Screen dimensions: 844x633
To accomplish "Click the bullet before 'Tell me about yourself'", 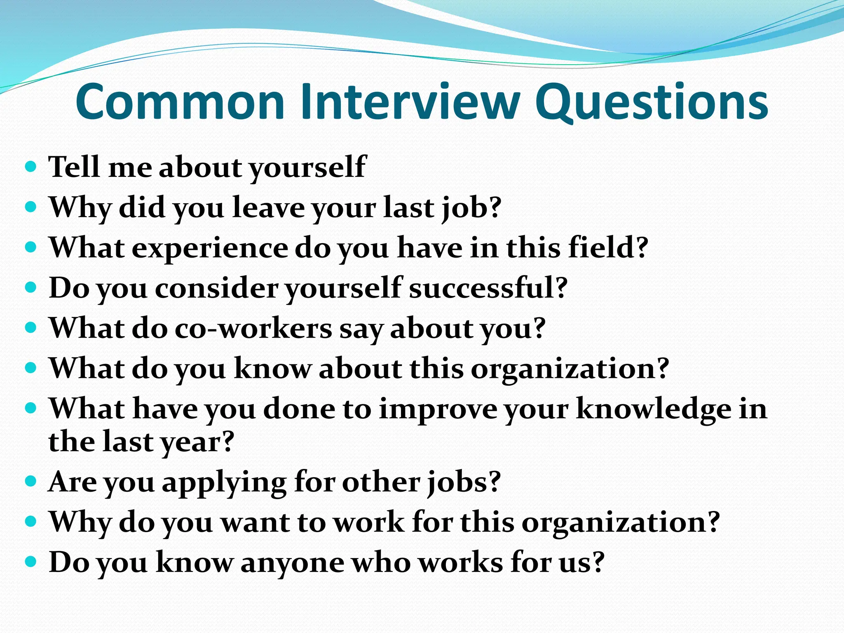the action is tap(31, 167).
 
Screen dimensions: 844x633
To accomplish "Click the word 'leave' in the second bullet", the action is tap(268, 207).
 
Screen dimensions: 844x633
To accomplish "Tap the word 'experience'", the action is tap(210, 249).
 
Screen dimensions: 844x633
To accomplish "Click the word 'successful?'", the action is tap(489, 288).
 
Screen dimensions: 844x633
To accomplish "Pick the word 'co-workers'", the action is tap(253, 328).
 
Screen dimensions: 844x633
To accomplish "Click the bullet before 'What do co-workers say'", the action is tap(31, 328).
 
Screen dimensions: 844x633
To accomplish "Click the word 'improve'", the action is tap(438, 409).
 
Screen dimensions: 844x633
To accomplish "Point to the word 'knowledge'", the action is tap(654, 409).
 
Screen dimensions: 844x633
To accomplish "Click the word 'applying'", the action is tap(224, 482).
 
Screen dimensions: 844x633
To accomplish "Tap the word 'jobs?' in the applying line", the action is tap(464, 482).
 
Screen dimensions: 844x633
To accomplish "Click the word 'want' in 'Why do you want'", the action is tap(255, 523).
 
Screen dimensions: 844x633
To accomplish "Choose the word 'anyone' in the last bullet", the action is tap(292, 563).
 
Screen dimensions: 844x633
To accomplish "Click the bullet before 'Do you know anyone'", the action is tap(31, 561).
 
